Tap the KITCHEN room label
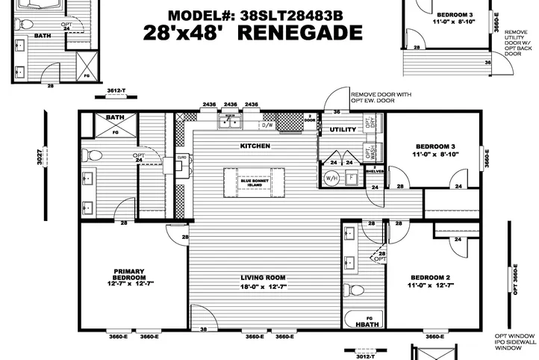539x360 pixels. (255, 146)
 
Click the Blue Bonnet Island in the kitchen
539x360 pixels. (254, 181)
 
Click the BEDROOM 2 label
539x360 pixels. (429, 280)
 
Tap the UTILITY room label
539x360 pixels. (343, 129)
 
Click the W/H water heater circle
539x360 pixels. (331, 178)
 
